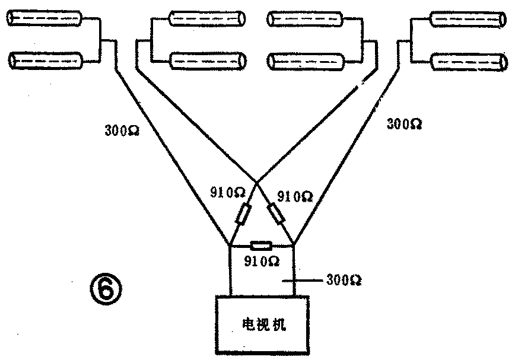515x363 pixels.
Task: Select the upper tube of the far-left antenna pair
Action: point(44,20)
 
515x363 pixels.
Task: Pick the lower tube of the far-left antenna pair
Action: point(46,60)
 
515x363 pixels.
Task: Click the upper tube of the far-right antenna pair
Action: point(466,20)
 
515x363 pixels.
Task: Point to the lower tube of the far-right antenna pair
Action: point(468,61)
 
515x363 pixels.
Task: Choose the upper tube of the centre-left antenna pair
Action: point(206,18)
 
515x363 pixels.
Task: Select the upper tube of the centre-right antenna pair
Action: point(304,19)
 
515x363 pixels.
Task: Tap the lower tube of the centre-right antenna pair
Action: point(305,60)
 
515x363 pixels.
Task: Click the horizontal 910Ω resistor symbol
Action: point(260,245)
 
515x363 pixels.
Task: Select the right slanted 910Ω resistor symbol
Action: point(277,213)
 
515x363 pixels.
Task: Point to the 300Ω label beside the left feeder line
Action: point(122,130)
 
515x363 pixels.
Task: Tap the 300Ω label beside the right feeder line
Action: point(404,124)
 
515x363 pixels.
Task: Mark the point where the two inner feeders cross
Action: point(256,182)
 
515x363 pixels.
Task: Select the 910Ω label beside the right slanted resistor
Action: point(295,195)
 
